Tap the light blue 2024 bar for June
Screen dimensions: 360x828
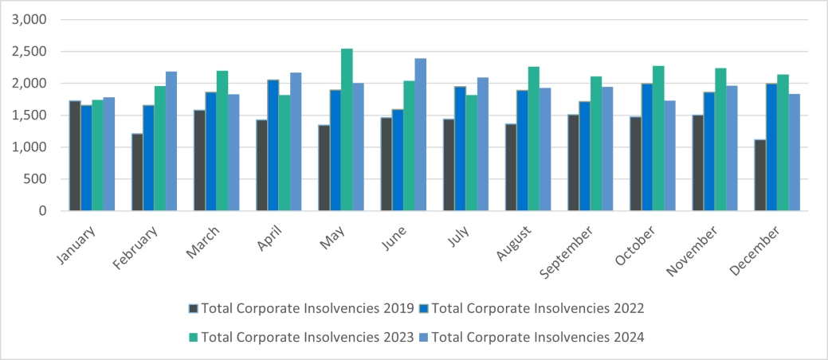[x=421, y=135]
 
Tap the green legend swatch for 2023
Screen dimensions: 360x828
[x=194, y=338]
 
